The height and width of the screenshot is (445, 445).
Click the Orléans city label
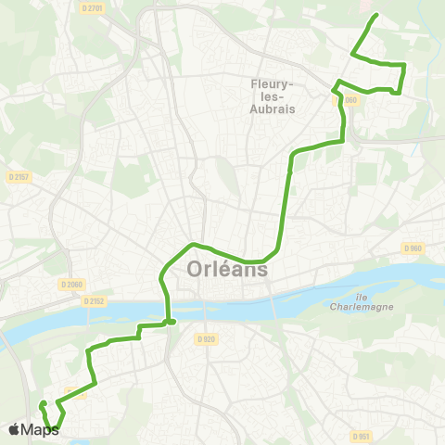click(227, 270)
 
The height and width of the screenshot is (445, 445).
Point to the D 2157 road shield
click(19, 176)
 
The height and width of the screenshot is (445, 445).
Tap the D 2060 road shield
click(70, 284)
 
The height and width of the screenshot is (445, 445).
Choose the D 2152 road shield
click(93, 300)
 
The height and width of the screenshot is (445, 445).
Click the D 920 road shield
click(209, 338)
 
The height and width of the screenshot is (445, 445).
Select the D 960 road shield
click(413, 248)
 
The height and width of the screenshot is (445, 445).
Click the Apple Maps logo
click(33, 430)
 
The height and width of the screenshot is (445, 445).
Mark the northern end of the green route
click(375, 16)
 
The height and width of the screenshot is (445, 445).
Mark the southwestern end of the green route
click(42, 403)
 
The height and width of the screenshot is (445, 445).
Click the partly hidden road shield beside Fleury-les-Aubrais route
click(348, 99)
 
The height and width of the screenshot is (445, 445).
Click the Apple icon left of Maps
click(15, 430)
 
